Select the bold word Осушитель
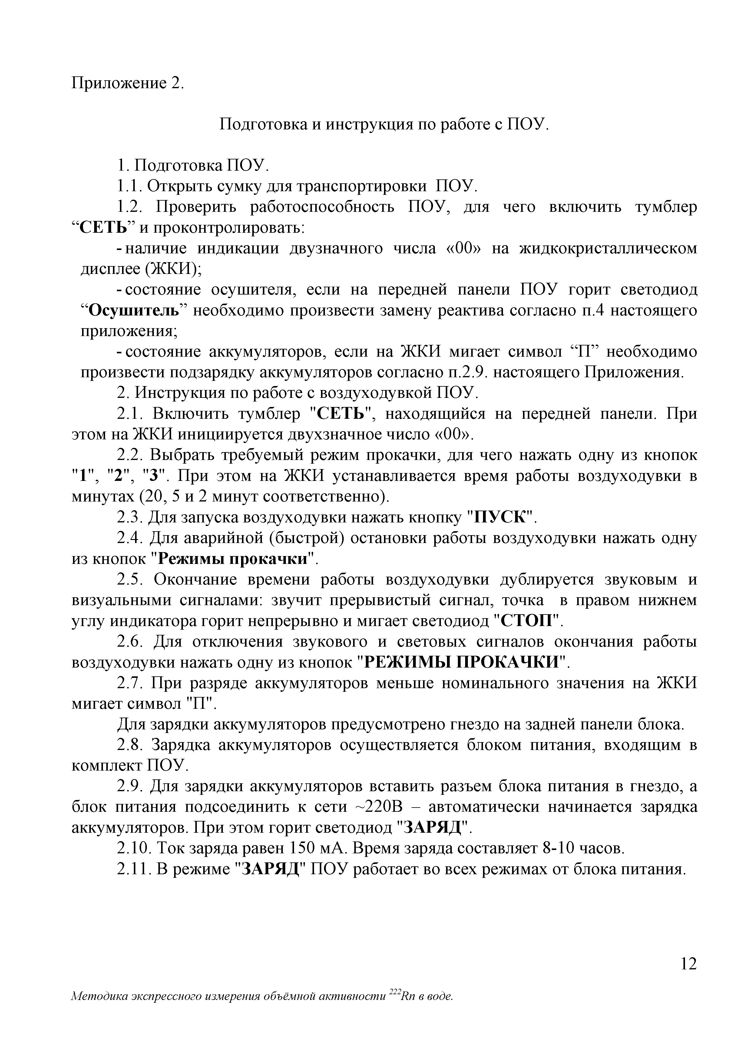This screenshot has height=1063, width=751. click(134, 310)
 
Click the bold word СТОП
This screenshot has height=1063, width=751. click(528, 620)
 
